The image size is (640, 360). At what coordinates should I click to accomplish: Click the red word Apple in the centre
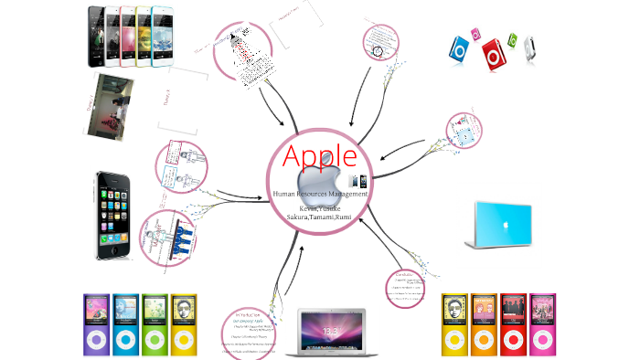coord(320,156)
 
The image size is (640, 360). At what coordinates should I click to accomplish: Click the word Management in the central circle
coord(348,194)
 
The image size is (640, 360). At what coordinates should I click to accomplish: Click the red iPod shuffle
coord(494,54)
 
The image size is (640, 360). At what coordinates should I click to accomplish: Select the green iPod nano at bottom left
coord(155,324)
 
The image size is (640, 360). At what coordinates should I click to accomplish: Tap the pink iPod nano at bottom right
coord(543,324)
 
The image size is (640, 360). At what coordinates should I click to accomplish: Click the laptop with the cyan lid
coord(500,225)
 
